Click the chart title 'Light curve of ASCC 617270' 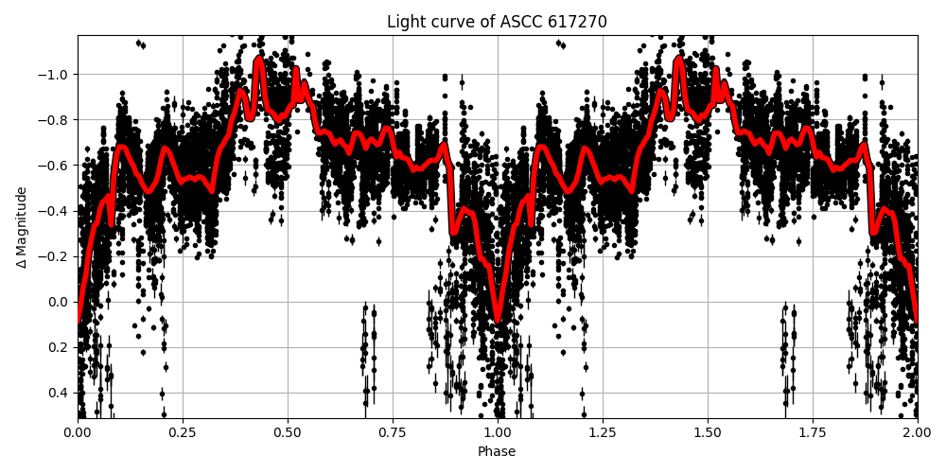point(497,22)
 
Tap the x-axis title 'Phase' point(497,451)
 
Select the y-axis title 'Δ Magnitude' point(22,227)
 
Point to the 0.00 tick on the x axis point(78,431)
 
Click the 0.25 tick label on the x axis point(183,431)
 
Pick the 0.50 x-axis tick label point(288,431)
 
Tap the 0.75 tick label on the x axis point(393,431)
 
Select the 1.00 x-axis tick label point(498,431)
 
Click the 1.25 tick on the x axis point(603,431)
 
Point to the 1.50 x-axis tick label point(708,431)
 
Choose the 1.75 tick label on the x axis point(813,431)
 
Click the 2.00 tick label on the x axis point(917,431)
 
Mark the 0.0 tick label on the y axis point(59,302)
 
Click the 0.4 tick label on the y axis point(59,393)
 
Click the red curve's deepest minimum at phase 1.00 point(498,320)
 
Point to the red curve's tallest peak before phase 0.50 point(259,59)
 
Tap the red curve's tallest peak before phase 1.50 point(679,59)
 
